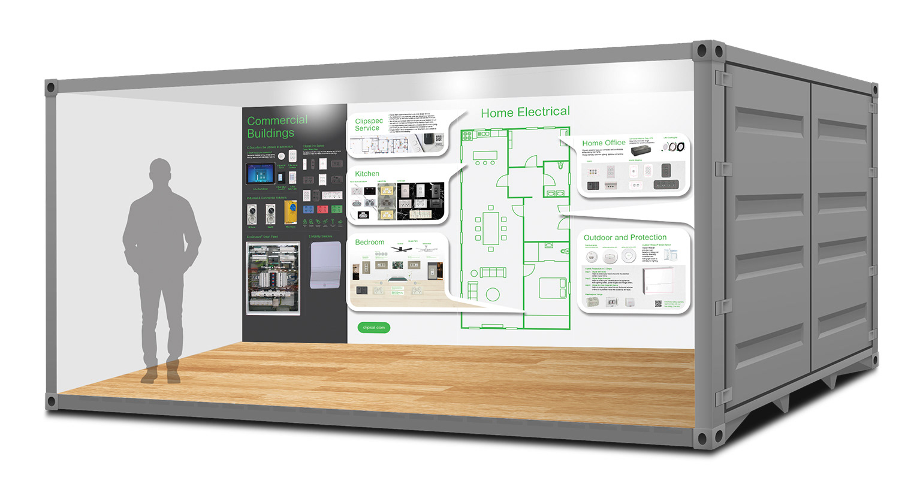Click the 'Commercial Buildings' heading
click(276, 126)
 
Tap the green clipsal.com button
click(373, 328)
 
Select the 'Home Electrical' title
click(525, 112)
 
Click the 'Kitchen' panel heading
click(367, 174)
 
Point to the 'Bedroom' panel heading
click(369, 242)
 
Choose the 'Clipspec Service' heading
click(369, 124)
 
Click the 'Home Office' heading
click(604, 143)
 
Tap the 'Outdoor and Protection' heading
click(625, 237)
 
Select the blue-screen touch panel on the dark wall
click(260, 174)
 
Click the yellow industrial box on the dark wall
click(291, 213)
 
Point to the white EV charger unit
click(325, 264)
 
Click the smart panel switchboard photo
click(273, 278)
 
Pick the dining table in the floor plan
click(491, 228)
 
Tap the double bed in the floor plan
click(553, 288)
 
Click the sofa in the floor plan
click(493, 273)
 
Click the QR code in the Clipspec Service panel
click(438, 138)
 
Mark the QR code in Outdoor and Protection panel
click(657, 304)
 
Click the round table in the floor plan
click(493, 294)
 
